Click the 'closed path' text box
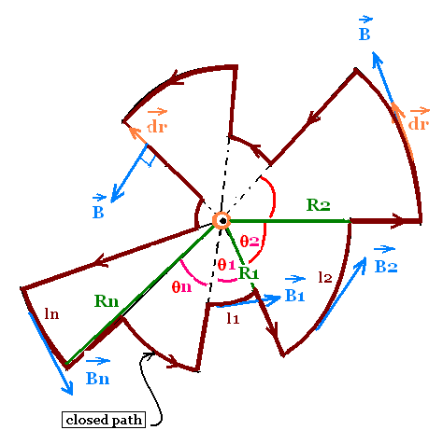(104, 420)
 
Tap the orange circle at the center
(221, 221)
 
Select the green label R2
(318, 205)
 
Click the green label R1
(249, 273)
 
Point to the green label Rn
(107, 301)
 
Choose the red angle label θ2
(250, 242)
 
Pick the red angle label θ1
(226, 265)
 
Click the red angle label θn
(181, 286)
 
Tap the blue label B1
(294, 295)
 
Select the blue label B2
(386, 267)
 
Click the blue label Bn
(97, 379)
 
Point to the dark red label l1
(233, 318)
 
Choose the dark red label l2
(325, 277)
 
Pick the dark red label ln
(51, 313)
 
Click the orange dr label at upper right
(419, 124)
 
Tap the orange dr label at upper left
(157, 127)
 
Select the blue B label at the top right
(364, 35)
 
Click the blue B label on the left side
(98, 212)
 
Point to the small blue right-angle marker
(149, 160)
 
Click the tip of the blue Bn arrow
(72, 395)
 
